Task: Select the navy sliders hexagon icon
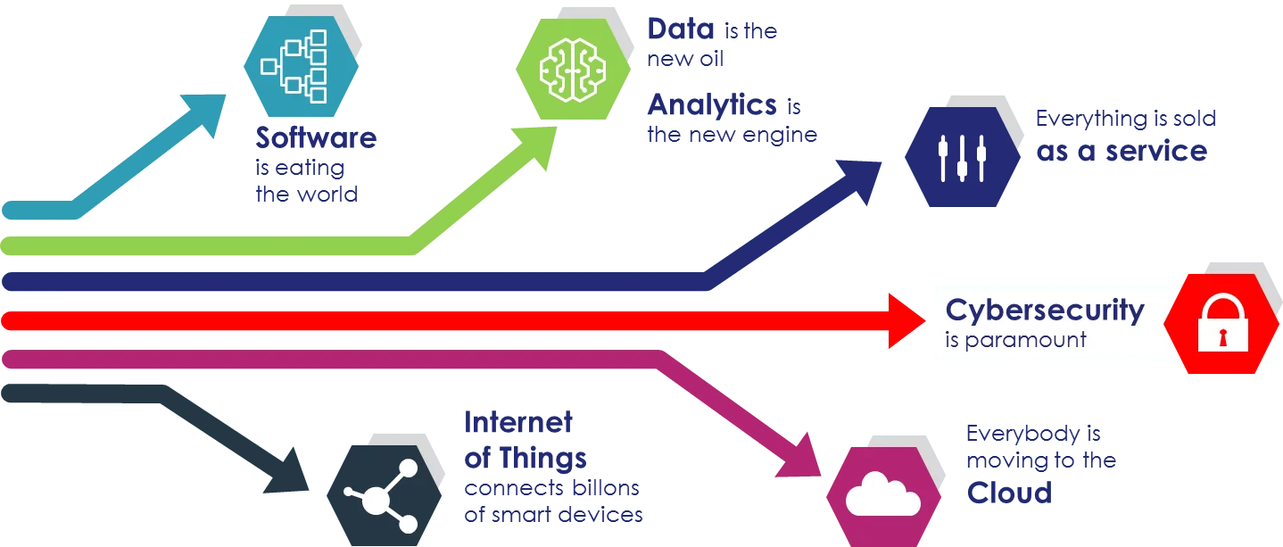[x=962, y=156]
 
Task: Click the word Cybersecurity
[x=1045, y=311]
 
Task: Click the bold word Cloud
[x=1010, y=492]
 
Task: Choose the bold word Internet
[x=518, y=422]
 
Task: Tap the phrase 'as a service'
[x=1121, y=152]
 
